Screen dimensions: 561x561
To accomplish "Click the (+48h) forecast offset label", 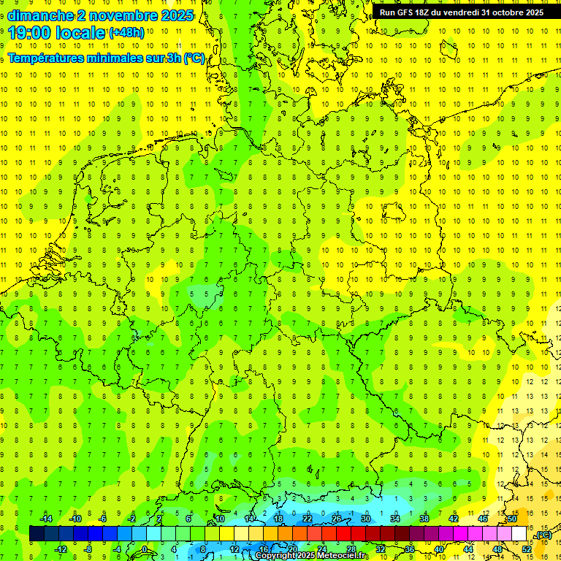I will (126, 33).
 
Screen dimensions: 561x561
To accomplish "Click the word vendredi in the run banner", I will (459, 12).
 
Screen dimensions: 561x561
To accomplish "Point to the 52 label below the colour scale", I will (527, 549).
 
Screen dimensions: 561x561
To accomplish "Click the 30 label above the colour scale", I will (366, 519).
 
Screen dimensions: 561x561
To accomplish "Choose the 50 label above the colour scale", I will (512, 519).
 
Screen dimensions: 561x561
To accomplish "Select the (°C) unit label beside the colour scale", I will (543, 535).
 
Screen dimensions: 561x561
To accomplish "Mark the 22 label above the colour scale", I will (308, 519).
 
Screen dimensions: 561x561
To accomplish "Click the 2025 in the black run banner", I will (533, 12).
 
